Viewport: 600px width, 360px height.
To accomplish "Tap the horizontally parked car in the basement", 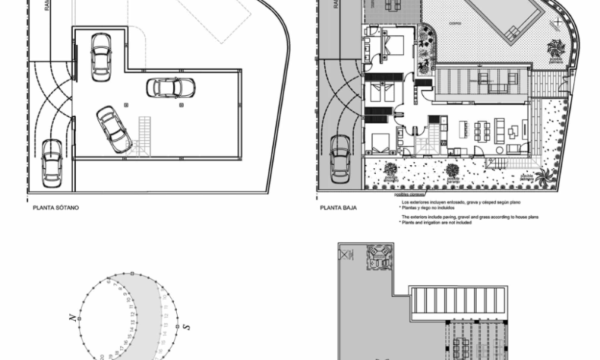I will click(x=170, y=88).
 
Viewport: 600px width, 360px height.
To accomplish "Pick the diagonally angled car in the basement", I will click(x=114, y=129).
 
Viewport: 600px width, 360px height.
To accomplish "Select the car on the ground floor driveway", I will click(x=340, y=158).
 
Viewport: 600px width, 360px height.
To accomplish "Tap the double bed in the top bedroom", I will click(x=393, y=45).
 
